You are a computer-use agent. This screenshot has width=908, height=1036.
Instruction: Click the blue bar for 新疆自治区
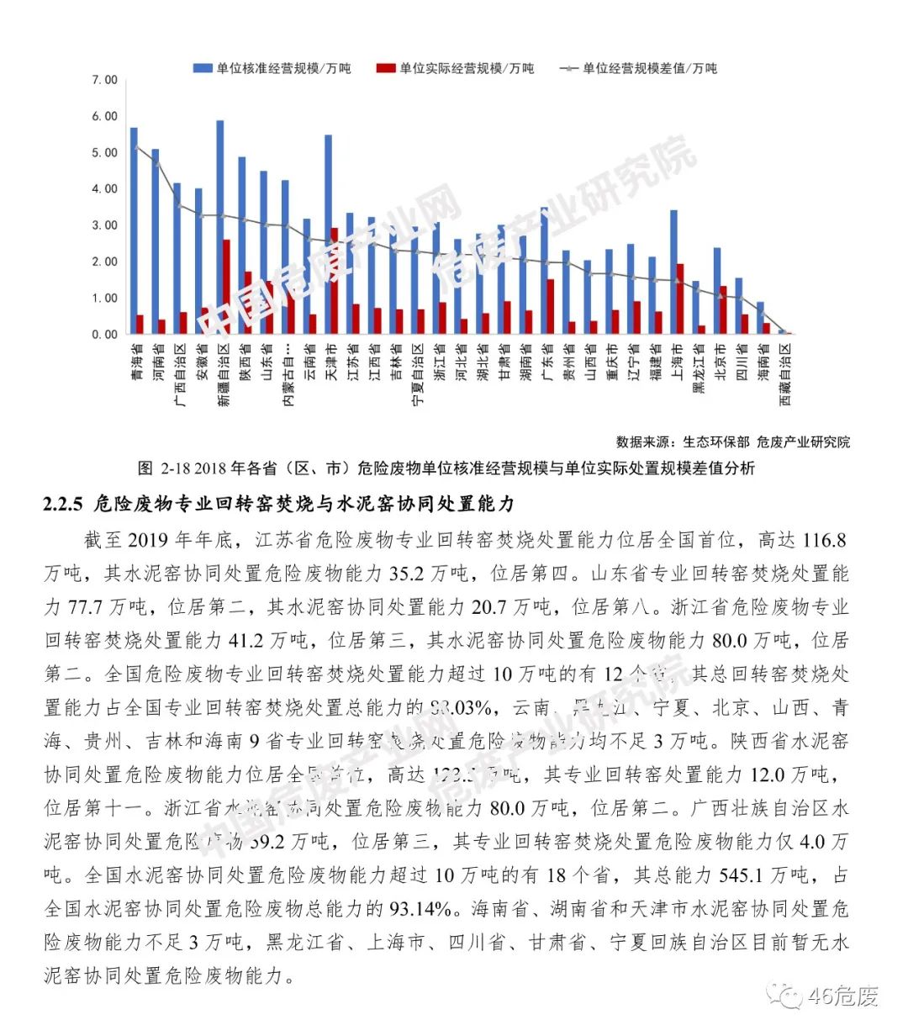(x=220, y=227)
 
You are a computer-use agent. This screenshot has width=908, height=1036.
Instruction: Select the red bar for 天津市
(x=335, y=281)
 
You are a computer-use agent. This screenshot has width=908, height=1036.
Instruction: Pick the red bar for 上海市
(x=680, y=299)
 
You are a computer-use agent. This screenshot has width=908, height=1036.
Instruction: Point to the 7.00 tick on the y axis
(x=105, y=80)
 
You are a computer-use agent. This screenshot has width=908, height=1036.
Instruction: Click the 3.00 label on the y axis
(x=105, y=225)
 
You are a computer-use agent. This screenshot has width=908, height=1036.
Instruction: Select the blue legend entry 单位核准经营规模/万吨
(x=273, y=68)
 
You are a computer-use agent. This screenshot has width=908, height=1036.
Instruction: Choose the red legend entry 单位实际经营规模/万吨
(x=457, y=68)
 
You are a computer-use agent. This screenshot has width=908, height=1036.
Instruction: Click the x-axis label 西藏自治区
(x=785, y=373)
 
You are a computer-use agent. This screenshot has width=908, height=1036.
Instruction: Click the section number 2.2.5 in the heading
(x=63, y=504)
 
